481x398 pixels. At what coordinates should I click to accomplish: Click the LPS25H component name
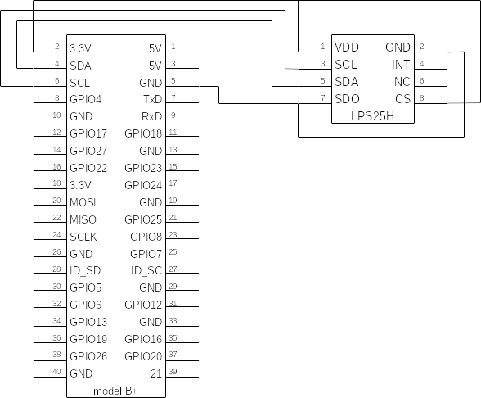point(372,116)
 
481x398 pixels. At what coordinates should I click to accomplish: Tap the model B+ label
point(115,391)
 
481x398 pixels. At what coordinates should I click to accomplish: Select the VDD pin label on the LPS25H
point(347,47)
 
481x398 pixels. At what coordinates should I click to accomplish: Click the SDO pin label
point(347,99)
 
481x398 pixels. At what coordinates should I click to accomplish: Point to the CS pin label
point(402,99)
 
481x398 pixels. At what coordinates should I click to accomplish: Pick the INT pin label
point(401,65)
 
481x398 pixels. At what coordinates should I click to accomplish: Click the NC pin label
point(402,82)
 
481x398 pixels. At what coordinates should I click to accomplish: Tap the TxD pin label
point(152,99)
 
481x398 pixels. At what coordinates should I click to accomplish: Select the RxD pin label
point(151,116)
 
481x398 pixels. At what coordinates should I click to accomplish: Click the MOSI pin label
point(83,202)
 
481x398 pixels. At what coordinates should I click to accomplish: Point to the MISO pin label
point(83,219)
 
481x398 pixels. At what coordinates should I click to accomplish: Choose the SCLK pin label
point(83,237)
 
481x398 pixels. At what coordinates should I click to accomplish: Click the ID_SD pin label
point(85,270)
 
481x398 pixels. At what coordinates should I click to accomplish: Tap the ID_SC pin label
point(146,270)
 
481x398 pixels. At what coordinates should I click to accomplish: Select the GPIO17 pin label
point(88,133)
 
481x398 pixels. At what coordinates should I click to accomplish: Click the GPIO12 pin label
point(143,305)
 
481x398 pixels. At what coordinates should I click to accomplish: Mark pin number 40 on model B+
point(56,371)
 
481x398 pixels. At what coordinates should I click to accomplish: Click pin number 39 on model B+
point(173,371)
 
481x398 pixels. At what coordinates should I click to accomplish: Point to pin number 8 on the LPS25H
point(422,97)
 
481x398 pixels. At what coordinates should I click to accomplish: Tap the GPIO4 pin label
point(86,99)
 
